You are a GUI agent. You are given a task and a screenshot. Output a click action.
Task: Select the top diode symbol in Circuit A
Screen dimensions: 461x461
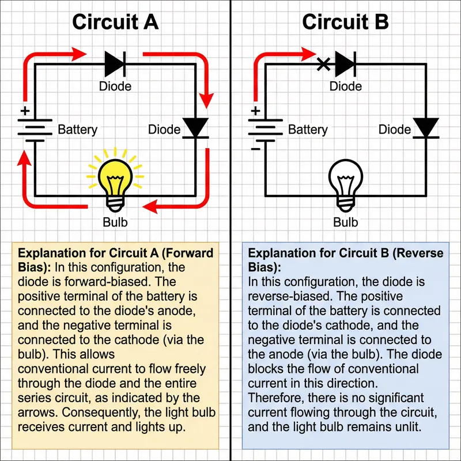[x=115, y=63]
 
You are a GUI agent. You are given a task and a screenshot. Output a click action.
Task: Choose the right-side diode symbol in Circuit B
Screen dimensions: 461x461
[x=425, y=128]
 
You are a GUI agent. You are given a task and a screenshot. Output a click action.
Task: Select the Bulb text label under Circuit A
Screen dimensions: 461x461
[x=115, y=222]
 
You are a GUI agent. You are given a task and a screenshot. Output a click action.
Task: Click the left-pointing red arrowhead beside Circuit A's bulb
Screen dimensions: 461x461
[x=149, y=206]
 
